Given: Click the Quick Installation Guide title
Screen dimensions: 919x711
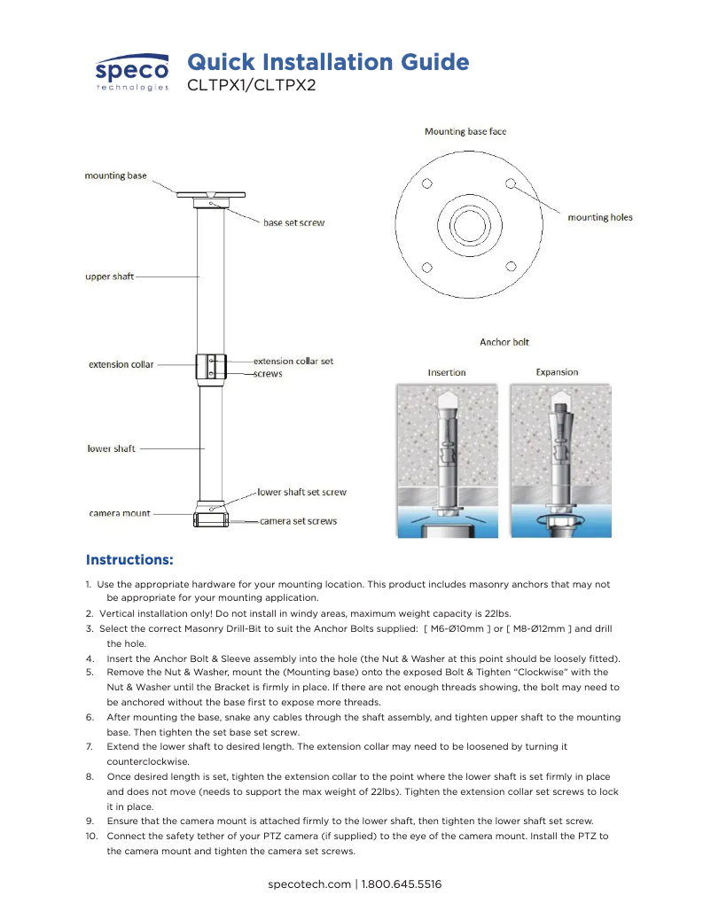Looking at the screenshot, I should tap(328, 62).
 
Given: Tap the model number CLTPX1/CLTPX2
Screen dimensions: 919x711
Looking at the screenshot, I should tap(251, 86).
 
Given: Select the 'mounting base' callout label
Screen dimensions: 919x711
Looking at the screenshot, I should tap(115, 175).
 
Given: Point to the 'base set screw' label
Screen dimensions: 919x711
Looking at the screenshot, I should tap(293, 222).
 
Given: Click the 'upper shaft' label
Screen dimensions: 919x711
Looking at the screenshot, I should tap(109, 276).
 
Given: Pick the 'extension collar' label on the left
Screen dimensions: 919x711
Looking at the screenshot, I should tap(121, 364).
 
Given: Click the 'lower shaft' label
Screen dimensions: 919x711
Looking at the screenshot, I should tap(111, 448).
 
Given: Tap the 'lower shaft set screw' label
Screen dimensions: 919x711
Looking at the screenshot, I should tap(301, 492).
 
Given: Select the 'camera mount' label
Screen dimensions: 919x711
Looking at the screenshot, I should tap(120, 513).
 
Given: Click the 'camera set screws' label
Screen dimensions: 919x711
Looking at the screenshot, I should tap(298, 521).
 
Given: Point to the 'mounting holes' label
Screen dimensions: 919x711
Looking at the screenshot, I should tap(599, 217).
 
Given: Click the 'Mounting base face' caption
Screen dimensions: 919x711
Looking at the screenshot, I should tap(465, 131).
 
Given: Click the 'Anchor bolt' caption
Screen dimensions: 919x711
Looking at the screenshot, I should tap(504, 341).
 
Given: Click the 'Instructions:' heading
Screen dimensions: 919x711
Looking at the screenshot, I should tap(129, 560).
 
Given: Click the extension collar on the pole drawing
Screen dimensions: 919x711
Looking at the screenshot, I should tap(210, 366).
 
